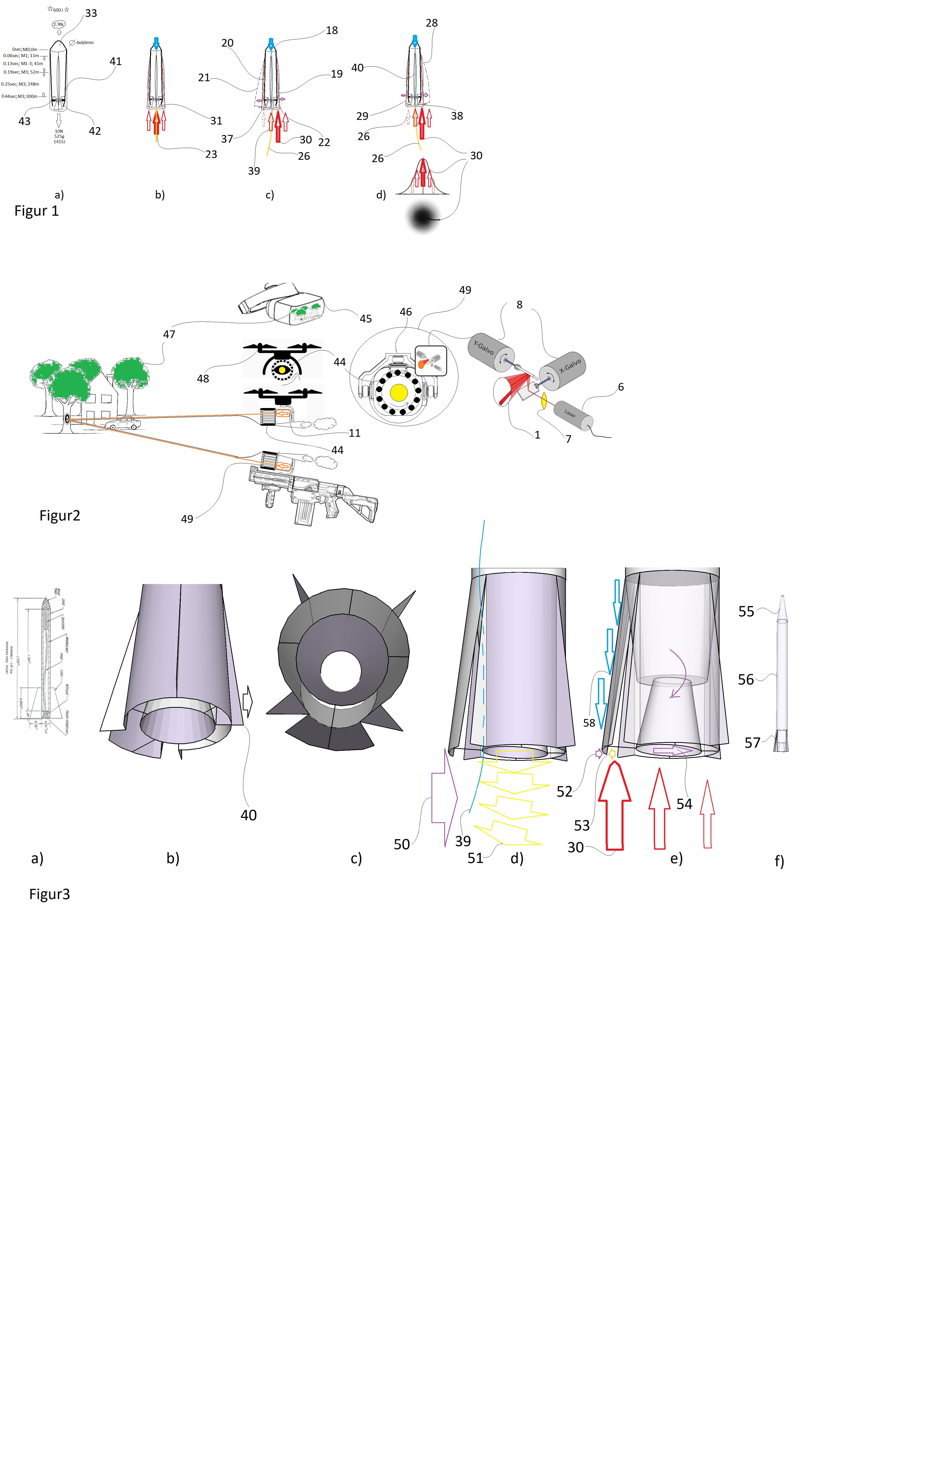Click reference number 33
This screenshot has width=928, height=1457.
pos(91,13)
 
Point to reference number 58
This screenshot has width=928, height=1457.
pos(589,723)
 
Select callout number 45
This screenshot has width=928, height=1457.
pos(365,319)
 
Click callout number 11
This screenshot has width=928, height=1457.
pos(354,433)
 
